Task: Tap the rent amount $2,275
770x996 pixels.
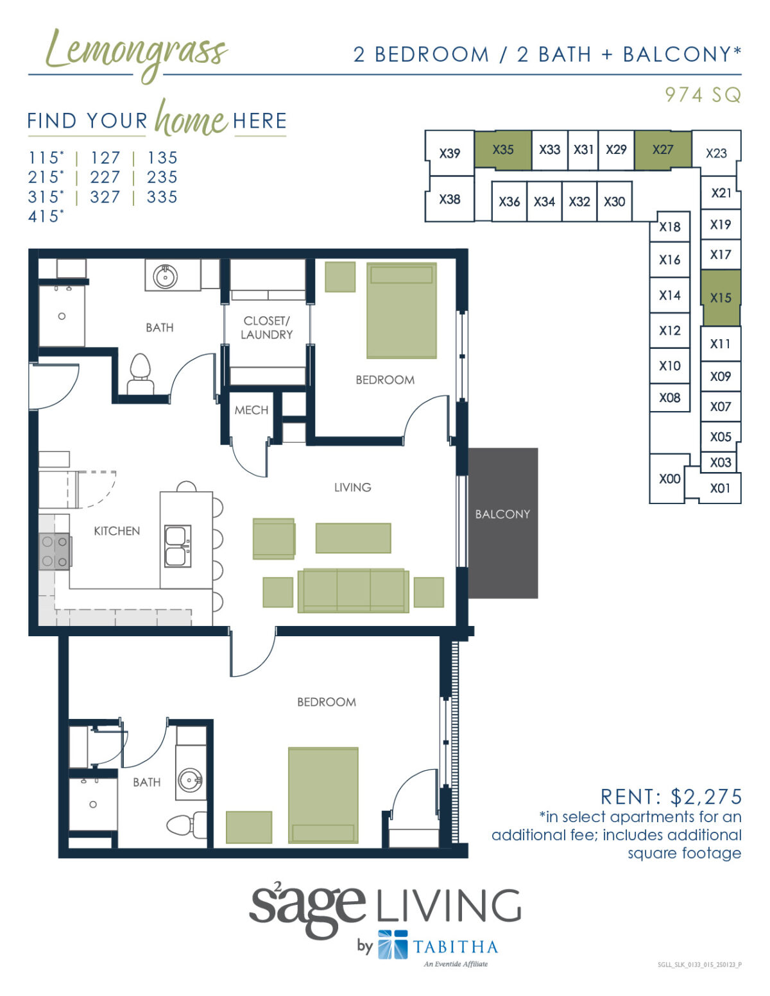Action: click(706, 797)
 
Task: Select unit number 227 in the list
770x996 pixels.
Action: click(105, 178)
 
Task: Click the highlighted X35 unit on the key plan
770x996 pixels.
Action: click(503, 150)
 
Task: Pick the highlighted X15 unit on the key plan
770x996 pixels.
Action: click(721, 298)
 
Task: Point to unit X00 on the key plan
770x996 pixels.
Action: click(669, 479)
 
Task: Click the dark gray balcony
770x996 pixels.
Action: click(502, 523)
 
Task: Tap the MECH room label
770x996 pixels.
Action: click(252, 410)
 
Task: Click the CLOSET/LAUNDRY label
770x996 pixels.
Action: click(267, 328)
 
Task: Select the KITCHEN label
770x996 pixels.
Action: click(117, 531)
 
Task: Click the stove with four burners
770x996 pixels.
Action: click(55, 552)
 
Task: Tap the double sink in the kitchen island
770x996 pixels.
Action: click(178, 546)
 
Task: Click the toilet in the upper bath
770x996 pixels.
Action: click(141, 374)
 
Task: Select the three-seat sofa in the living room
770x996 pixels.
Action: click(354, 591)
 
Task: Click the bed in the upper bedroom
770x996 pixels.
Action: click(402, 310)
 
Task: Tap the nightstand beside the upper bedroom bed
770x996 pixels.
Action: click(340, 277)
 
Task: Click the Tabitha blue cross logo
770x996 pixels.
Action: click(393, 945)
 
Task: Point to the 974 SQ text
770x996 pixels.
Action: click(703, 96)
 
